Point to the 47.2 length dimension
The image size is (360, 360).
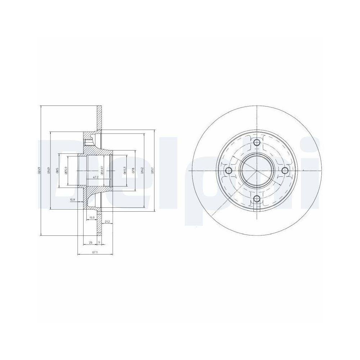[x=96, y=177]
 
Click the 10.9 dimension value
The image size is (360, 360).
[x=72, y=199]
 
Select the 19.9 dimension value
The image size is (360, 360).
[x=91, y=217]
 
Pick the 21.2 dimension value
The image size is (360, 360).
[x=107, y=221]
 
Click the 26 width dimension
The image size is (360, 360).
[x=90, y=242]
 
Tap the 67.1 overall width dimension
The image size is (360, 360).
[x=95, y=252]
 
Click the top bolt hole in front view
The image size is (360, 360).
[x=256, y=143]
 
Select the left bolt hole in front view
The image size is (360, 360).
[x=228, y=171]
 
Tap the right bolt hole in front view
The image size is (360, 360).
[x=284, y=170]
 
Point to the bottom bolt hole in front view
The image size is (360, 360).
[x=256, y=199]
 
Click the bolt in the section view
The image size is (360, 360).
[x=86, y=142]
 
